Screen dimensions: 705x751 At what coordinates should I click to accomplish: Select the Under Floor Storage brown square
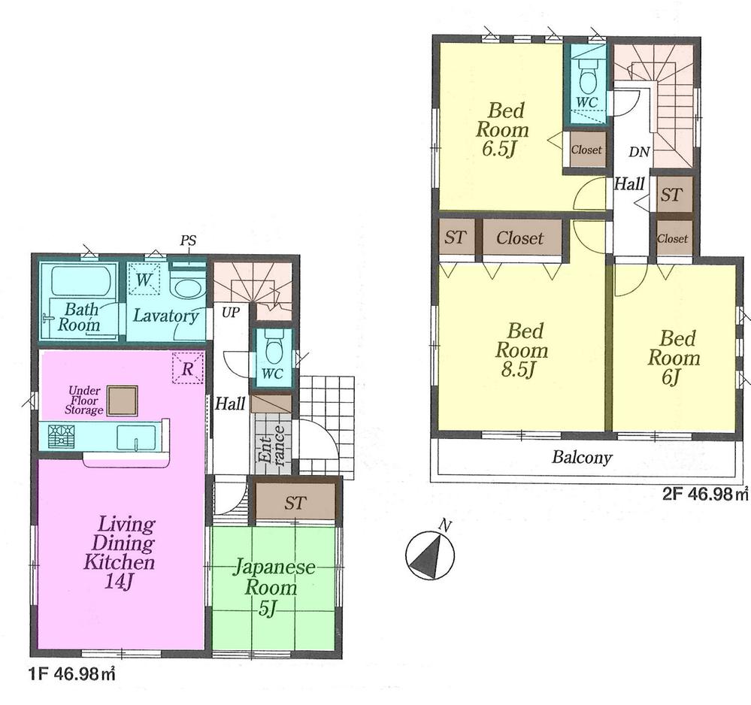pyautogui.click(x=122, y=400)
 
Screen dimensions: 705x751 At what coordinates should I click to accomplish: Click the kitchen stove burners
pyautogui.click(x=57, y=437)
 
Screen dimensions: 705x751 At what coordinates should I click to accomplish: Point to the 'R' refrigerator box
pyautogui.click(x=188, y=368)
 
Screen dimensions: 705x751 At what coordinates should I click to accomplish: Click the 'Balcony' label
pyautogui.click(x=582, y=457)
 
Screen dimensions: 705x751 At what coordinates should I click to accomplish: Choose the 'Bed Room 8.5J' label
pyautogui.click(x=521, y=349)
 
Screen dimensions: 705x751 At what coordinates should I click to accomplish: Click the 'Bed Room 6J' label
pyautogui.click(x=674, y=358)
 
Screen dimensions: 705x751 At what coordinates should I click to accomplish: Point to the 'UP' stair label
pyautogui.click(x=229, y=311)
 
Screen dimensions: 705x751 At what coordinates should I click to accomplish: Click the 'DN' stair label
pyautogui.click(x=639, y=153)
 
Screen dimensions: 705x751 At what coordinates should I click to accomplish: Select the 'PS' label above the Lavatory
pyautogui.click(x=188, y=241)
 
